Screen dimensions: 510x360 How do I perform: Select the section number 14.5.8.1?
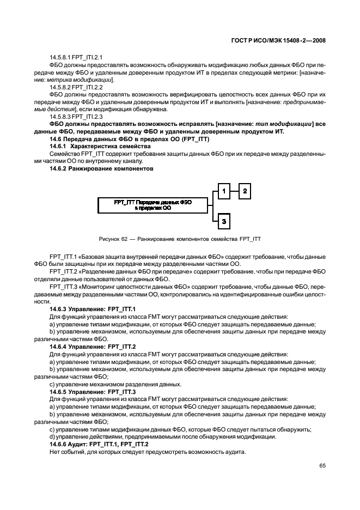tap(61, 57)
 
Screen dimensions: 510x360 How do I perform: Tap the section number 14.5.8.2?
tap(61, 87)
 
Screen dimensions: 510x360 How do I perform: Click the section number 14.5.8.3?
tap(61, 117)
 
